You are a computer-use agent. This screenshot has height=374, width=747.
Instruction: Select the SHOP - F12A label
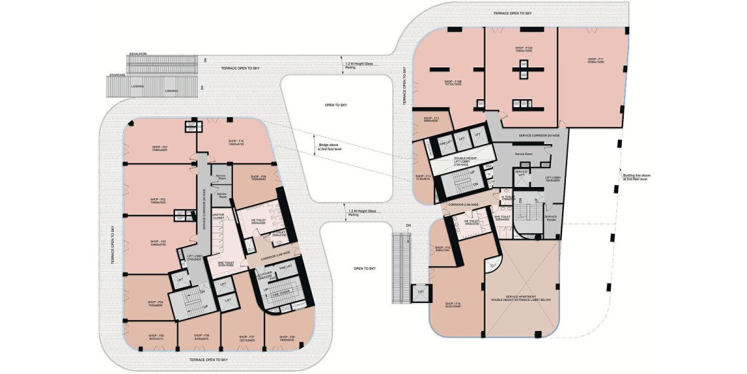point(524,48)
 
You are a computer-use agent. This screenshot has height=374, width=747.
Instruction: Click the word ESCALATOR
point(138,54)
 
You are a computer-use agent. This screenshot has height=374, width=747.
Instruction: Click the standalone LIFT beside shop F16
point(421,291)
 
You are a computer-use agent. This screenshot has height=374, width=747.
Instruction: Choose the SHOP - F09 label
point(258,178)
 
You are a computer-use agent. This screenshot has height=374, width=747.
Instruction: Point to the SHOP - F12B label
point(453,82)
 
